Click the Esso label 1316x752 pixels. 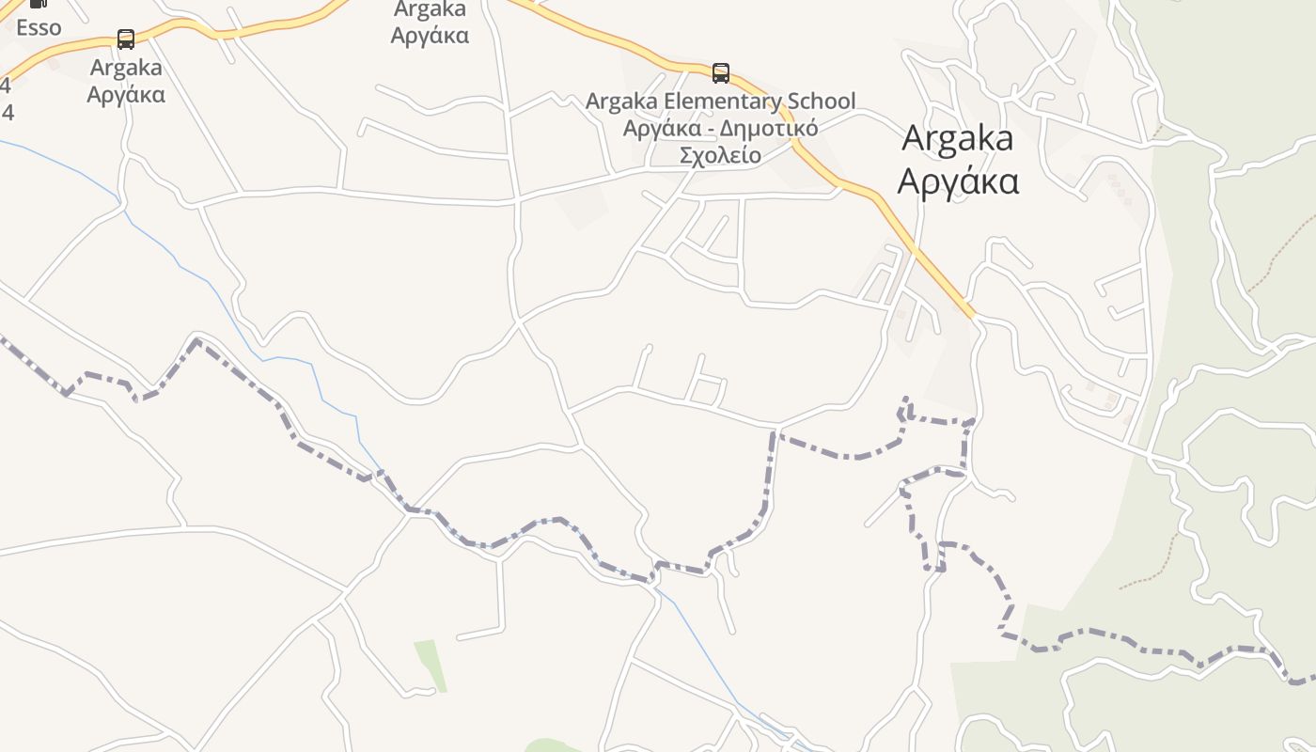pyautogui.click(x=39, y=27)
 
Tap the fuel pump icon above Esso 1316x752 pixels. pyautogui.click(x=39, y=4)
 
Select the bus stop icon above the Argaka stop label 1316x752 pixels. pyautogui.click(x=125, y=39)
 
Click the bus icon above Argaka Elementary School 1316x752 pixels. pyautogui.click(x=720, y=73)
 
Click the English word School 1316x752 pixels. pyautogui.click(x=822, y=101)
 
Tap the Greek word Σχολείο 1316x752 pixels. pyautogui.click(x=720, y=154)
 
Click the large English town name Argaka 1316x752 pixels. pyautogui.click(x=957, y=138)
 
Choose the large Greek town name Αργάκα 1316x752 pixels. pyautogui.click(x=957, y=180)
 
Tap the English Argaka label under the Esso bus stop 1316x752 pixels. pyautogui.click(x=126, y=68)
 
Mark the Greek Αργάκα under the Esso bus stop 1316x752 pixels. pyautogui.click(x=126, y=94)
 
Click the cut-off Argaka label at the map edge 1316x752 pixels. pyautogui.click(x=430, y=9)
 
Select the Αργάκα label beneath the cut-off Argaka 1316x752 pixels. pyautogui.click(x=430, y=36)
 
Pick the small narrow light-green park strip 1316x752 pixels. pyautogui.click(x=430, y=665)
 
